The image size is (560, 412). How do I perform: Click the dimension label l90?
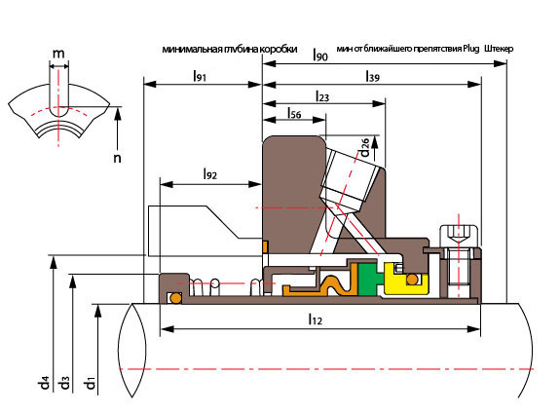pos(320,55)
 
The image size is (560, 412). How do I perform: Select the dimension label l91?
pos(200,76)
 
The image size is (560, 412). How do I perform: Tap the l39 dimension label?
pos(372,76)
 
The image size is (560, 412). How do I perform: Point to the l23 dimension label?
pos(322,96)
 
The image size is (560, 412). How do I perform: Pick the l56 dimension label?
pos(294,113)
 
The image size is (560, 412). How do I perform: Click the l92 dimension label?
pos(210,174)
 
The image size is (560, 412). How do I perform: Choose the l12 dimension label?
pos(315,318)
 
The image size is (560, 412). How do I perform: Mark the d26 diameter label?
pos(364,148)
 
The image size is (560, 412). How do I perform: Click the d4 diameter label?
pos(43,383)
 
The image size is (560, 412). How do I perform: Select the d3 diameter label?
pos(64,383)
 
